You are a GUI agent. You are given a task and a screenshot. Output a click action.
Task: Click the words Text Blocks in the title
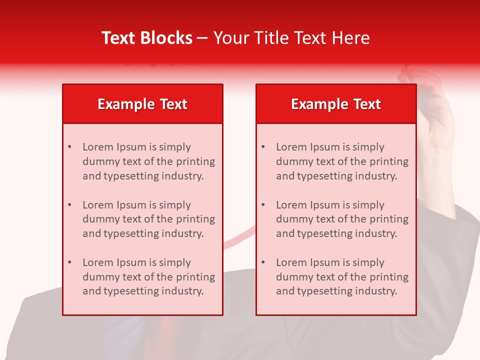coord(147,38)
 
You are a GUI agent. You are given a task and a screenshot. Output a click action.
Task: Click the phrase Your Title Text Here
coord(291,38)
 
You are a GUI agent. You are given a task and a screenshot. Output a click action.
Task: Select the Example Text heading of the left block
coord(142,104)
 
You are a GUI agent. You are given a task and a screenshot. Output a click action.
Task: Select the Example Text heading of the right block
coord(336,104)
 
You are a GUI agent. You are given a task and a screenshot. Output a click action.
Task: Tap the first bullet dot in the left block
coord(69,147)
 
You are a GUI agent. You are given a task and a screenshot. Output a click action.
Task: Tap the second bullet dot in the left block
coord(69,205)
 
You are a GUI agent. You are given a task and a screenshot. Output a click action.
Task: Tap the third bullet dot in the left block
coord(69,262)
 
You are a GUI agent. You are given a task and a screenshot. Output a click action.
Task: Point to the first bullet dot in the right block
coord(263,147)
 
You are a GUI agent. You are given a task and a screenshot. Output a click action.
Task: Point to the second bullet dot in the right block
coord(263,205)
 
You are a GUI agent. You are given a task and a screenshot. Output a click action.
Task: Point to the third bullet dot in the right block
coord(263,262)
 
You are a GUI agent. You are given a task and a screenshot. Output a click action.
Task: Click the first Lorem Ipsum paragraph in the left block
coord(148,161)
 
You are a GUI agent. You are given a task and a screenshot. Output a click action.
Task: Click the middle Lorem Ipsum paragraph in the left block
coord(148,219)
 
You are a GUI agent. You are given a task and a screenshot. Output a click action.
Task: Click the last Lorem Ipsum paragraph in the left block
coord(148,277)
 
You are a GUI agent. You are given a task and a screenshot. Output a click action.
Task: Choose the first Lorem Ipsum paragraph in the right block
coord(342,161)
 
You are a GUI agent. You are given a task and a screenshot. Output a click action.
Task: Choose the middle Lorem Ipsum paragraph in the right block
coord(342,219)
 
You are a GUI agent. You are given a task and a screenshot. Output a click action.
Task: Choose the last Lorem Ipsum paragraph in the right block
coord(342,277)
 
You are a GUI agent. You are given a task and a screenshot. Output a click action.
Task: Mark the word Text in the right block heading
coord(367,104)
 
